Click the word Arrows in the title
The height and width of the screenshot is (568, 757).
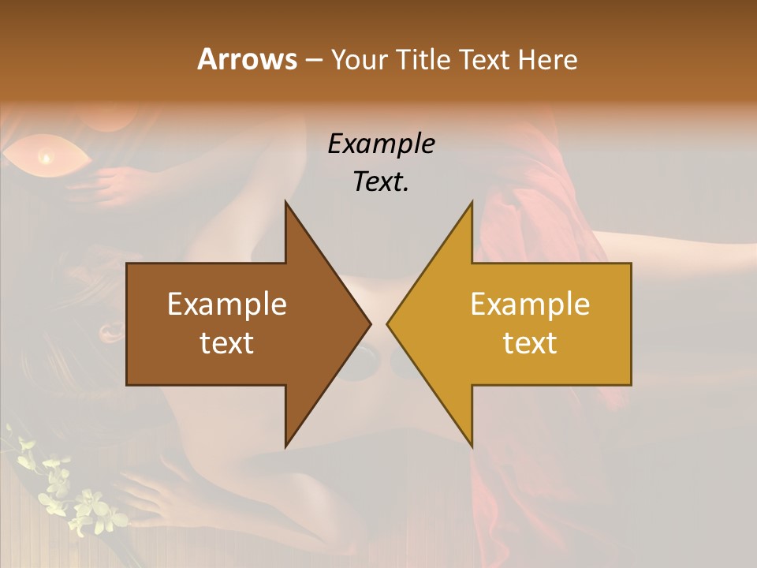(x=247, y=59)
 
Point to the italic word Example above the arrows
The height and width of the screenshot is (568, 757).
(x=381, y=144)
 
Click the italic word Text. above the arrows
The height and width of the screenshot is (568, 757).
(x=381, y=182)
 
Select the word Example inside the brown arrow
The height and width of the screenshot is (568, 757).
(x=227, y=305)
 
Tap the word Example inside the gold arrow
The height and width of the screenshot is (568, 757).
(x=530, y=305)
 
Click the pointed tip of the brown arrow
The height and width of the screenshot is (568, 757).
(x=369, y=324)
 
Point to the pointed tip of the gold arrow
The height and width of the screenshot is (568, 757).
(x=389, y=324)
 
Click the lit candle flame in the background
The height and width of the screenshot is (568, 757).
(x=46, y=159)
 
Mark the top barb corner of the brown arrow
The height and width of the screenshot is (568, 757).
(x=285, y=203)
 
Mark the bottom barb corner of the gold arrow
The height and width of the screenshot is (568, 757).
(x=472, y=447)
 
